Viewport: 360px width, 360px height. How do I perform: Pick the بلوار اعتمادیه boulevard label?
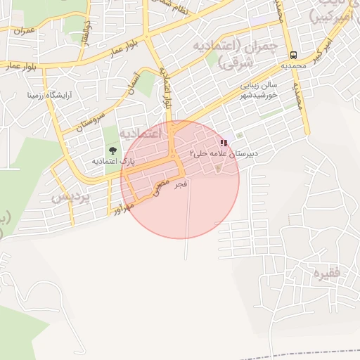pyautogui.click(x=167, y=88)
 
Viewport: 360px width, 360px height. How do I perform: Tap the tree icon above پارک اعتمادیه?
pyautogui.click(x=112, y=150)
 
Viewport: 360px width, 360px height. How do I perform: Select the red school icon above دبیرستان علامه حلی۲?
pyautogui.click(x=224, y=143)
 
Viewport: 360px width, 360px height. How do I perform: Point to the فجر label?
pyautogui.click(x=181, y=184)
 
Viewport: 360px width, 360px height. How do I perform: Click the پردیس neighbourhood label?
pyautogui.click(x=71, y=197)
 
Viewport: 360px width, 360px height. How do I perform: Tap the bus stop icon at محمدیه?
pyautogui.click(x=293, y=55)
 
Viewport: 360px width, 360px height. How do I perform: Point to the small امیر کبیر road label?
pyautogui.click(x=323, y=49)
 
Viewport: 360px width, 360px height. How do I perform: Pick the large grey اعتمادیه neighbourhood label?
pyautogui.click(x=141, y=133)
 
